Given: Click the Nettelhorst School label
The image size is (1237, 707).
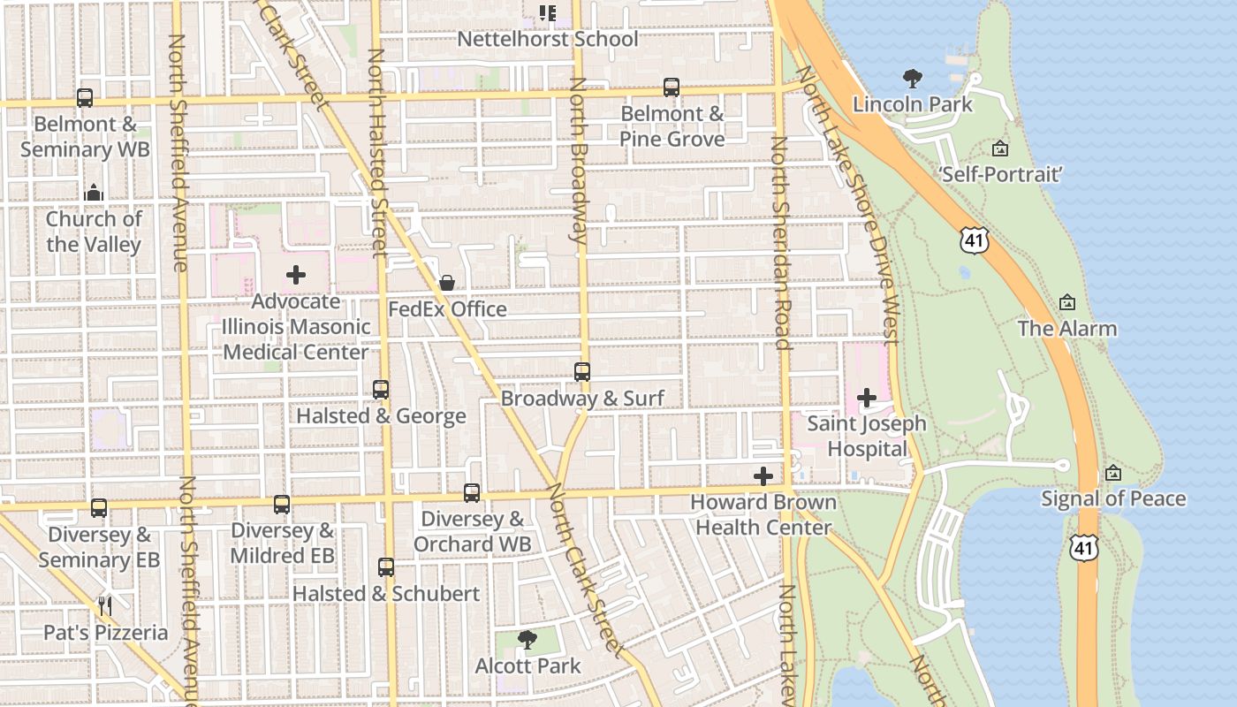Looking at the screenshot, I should [x=547, y=39].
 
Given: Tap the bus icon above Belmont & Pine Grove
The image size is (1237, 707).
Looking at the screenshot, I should [x=672, y=87].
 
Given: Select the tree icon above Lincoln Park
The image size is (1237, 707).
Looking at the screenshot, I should [x=912, y=79].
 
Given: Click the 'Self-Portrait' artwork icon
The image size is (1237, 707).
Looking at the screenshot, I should [x=999, y=148].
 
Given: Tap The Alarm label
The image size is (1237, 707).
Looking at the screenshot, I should [x=1067, y=329].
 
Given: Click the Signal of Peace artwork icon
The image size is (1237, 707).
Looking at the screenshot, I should [x=1113, y=473].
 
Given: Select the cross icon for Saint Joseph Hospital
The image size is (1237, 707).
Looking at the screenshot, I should [x=867, y=398].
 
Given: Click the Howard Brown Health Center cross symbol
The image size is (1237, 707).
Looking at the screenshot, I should [x=763, y=476].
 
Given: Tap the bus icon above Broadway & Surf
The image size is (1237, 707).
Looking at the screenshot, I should [x=582, y=372].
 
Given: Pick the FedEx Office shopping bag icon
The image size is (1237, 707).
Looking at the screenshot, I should [x=447, y=283].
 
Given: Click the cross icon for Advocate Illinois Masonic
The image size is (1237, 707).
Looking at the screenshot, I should [x=296, y=275].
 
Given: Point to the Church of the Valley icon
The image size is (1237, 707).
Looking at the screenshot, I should [x=94, y=193].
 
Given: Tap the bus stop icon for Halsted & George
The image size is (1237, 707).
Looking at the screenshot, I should [x=381, y=390].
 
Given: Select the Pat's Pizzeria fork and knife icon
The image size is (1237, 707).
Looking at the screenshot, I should [x=105, y=606].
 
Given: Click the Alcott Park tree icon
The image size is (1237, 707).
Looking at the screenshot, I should [x=527, y=639].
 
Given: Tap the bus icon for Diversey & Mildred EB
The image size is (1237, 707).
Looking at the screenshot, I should [x=282, y=505].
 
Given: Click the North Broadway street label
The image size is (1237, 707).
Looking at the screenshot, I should [x=578, y=159].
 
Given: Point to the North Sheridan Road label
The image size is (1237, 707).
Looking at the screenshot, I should [x=780, y=243].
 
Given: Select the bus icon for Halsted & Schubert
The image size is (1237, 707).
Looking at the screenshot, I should [x=386, y=567].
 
